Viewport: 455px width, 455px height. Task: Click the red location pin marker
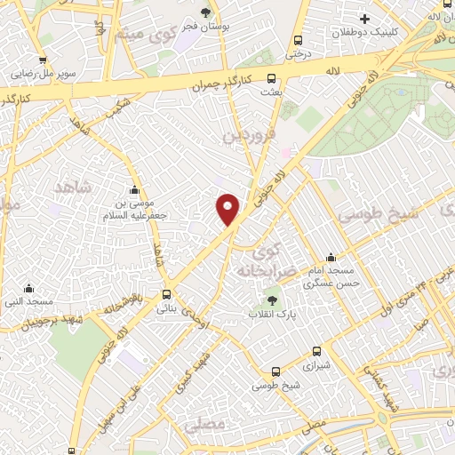[x=228, y=210]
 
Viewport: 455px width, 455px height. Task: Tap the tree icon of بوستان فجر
[x=205, y=12]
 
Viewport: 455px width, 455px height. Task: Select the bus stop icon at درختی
[x=298, y=40]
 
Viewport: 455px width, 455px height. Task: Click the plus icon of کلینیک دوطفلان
[x=363, y=19]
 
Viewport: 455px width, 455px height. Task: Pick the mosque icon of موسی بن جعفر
[x=134, y=188]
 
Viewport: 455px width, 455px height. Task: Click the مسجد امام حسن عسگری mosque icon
[x=331, y=258]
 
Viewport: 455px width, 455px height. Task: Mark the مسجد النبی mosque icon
[x=29, y=287]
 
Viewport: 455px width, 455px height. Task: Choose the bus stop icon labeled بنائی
[x=167, y=295]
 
